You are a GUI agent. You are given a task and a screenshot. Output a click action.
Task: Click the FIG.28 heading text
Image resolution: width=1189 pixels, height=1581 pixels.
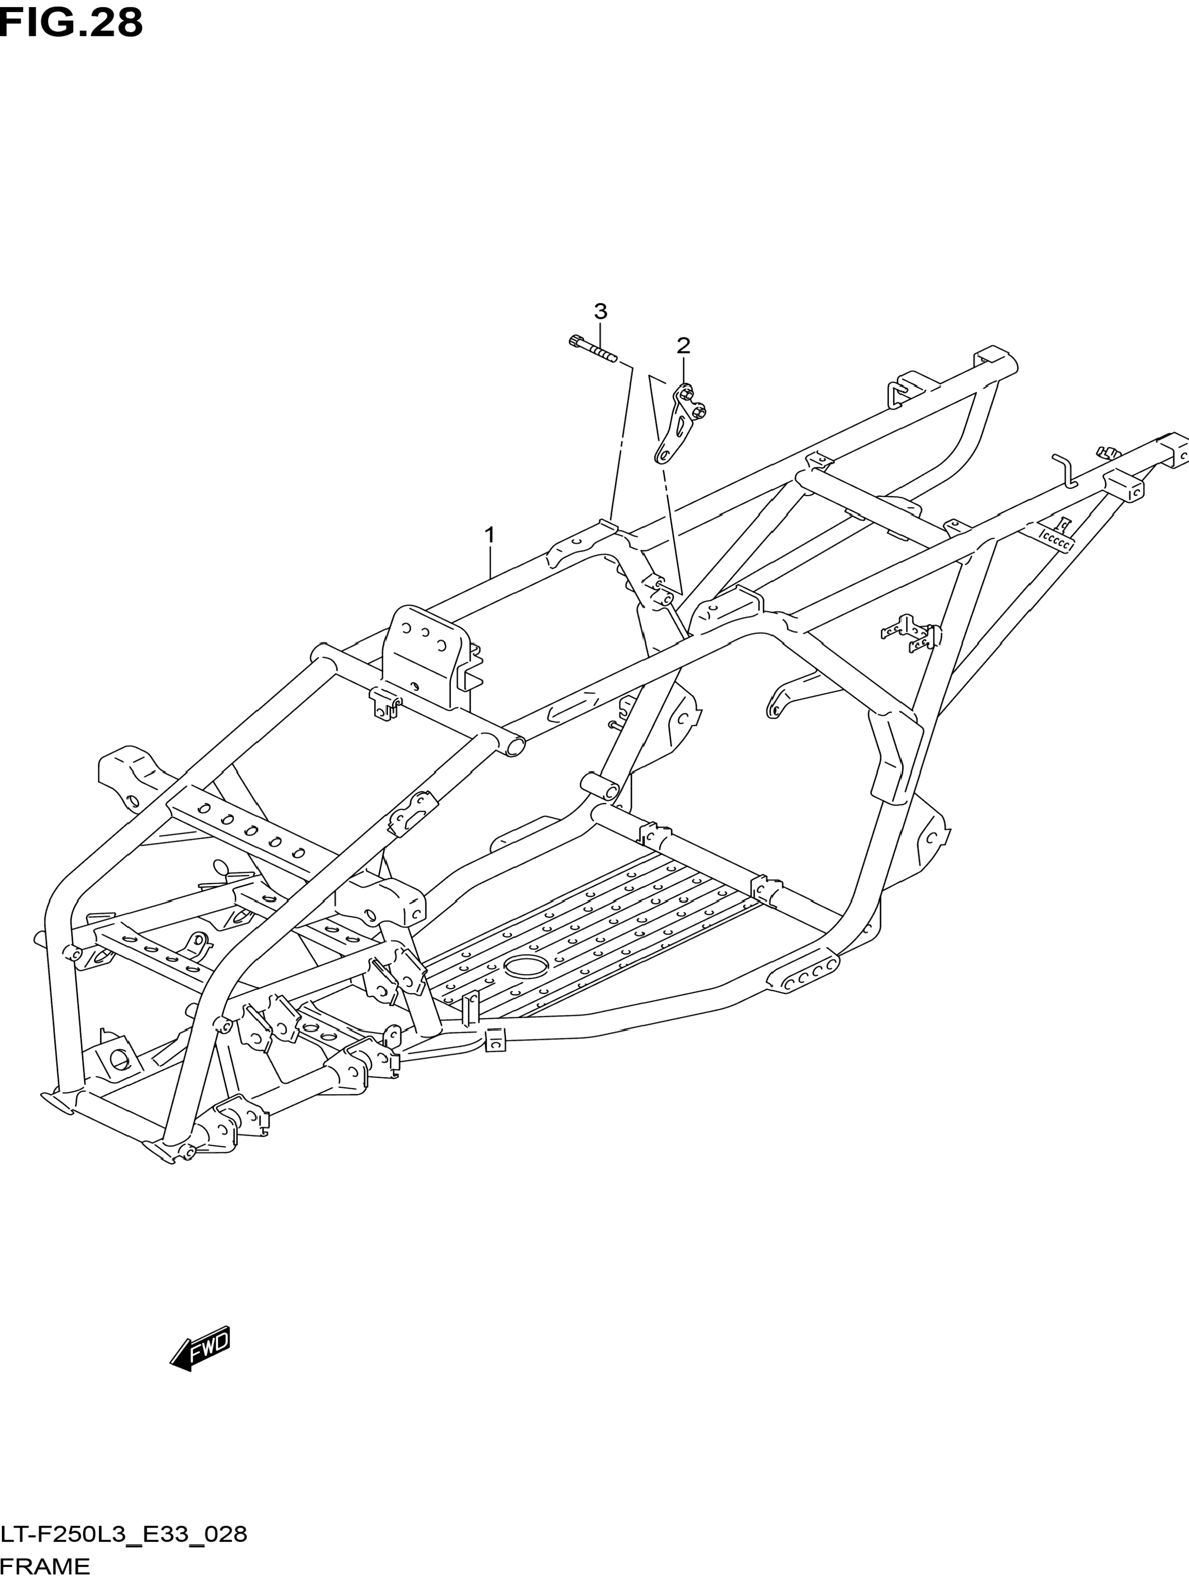(x=71, y=23)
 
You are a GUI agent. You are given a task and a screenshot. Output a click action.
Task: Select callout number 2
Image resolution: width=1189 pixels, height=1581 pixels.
(x=683, y=346)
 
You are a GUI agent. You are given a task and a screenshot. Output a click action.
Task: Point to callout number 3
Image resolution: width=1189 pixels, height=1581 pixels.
(x=600, y=311)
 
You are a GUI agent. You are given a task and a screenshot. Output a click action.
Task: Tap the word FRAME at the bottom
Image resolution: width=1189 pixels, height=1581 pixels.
(x=45, y=1566)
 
